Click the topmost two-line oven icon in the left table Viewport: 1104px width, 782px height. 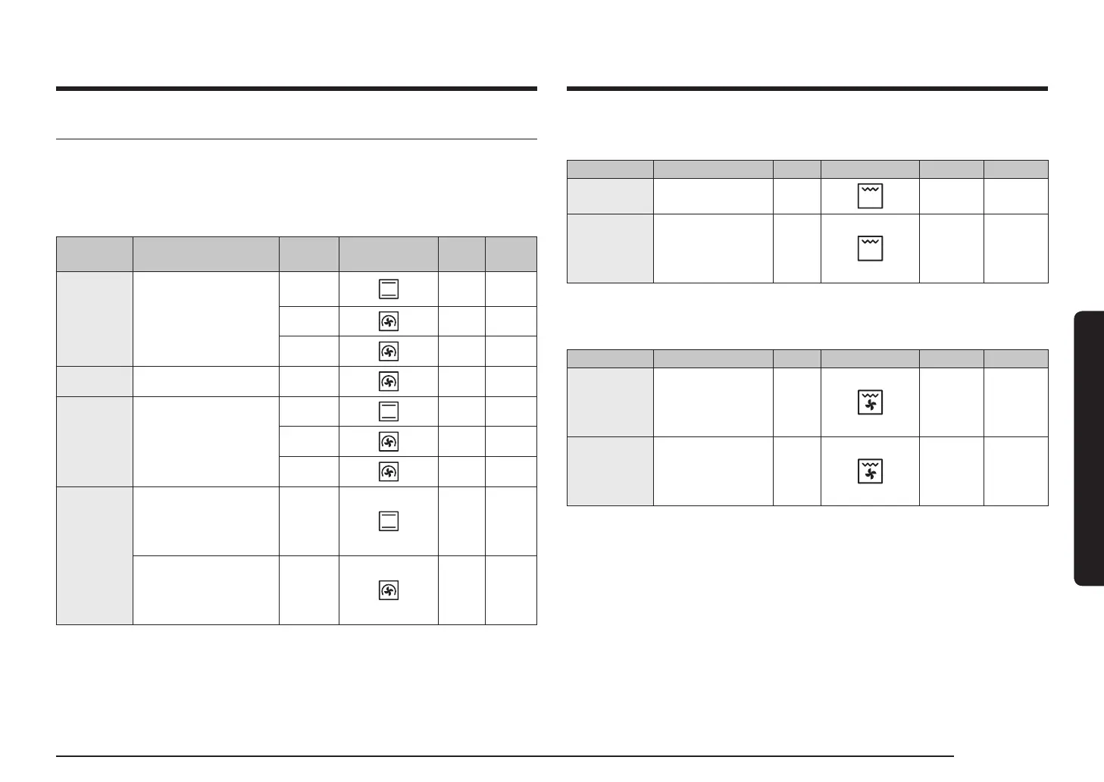pos(388,289)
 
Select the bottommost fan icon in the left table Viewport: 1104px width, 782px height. pos(388,590)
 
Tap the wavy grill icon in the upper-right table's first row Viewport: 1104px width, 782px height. pos(870,196)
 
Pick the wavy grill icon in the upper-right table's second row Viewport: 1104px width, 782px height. pos(870,248)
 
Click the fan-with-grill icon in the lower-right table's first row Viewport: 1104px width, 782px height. pos(870,402)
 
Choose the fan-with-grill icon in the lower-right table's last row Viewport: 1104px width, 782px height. pos(870,471)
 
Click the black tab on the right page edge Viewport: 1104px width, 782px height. pos(1088,447)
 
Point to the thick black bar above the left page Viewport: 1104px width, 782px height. pos(296,89)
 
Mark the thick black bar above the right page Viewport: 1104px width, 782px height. pos(807,89)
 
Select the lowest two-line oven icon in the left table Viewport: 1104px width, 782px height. pos(388,521)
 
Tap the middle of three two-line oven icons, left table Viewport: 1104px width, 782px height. pos(388,411)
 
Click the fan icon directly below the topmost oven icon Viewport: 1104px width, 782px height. pos(388,322)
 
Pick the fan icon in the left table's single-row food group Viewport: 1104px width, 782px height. pos(388,381)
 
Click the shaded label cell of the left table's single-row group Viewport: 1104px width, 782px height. pos(95,381)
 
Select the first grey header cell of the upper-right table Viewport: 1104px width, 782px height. pos(610,169)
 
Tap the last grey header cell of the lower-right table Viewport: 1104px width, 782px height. pos(1015,358)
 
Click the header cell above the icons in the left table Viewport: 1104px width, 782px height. pos(388,254)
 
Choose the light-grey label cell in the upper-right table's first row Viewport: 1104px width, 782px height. pos(610,196)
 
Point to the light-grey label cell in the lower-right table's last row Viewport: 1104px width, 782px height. pos(610,471)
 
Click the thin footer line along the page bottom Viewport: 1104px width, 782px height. pos(505,755)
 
